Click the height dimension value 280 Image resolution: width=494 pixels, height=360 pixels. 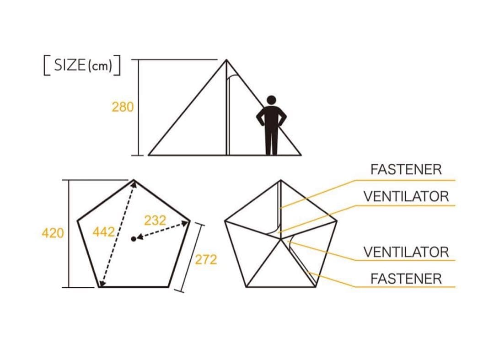click(x=123, y=107)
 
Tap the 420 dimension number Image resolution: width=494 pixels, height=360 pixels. click(x=53, y=233)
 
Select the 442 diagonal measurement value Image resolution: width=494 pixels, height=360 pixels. click(x=104, y=232)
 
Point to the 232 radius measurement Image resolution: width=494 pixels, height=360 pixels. click(x=155, y=220)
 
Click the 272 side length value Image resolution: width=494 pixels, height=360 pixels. click(x=206, y=259)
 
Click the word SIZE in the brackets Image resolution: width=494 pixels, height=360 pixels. click(x=70, y=65)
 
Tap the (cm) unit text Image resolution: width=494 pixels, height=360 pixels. click(x=100, y=66)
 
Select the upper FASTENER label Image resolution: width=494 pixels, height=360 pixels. click(x=406, y=169)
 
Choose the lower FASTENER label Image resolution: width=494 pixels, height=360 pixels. click(x=406, y=279)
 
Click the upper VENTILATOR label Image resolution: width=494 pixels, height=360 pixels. click(x=406, y=197)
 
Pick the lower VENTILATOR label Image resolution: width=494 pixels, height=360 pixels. click(x=406, y=252)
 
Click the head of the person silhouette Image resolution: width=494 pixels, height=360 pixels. click(x=271, y=100)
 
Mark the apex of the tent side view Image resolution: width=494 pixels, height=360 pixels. click(x=226, y=59)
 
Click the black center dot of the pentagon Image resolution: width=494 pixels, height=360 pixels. click(x=134, y=239)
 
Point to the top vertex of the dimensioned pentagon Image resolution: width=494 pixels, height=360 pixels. click(x=134, y=180)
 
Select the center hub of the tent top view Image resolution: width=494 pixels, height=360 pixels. click(x=281, y=239)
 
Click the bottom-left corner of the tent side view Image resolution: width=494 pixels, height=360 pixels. click(x=149, y=155)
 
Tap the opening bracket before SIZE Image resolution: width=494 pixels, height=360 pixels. click(x=47, y=65)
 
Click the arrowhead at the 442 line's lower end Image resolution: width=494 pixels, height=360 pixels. click(x=102, y=284)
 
